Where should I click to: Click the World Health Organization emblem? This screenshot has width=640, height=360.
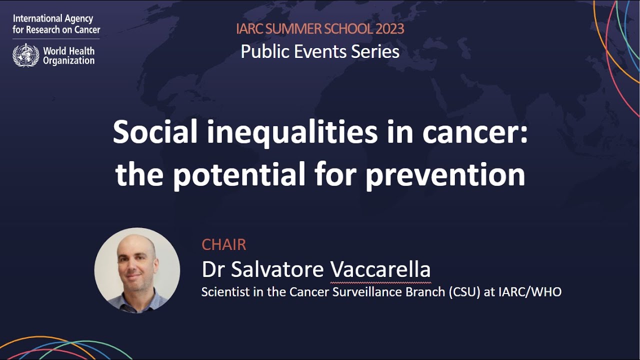[x=25, y=55]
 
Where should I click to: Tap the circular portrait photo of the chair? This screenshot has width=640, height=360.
[x=137, y=270]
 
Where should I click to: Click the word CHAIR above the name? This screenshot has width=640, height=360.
[x=224, y=244]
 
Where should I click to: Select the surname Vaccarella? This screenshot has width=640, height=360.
[x=380, y=269]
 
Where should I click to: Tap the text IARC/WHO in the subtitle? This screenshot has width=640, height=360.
[x=529, y=291]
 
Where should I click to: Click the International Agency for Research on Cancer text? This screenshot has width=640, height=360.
[x=56, y=24]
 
